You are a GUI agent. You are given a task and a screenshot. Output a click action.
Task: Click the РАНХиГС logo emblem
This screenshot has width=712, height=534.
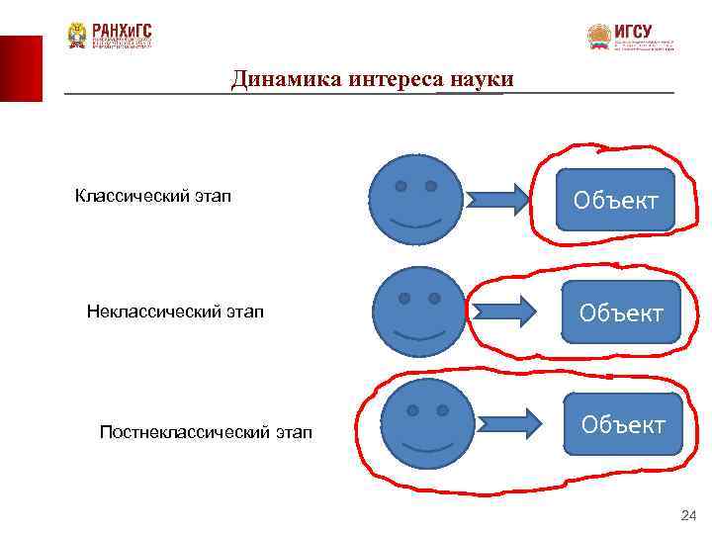[76, 37]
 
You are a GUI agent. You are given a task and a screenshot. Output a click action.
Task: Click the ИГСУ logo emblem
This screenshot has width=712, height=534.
[599, 38]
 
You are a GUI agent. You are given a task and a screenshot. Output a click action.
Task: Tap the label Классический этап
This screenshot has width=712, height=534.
[153, 196]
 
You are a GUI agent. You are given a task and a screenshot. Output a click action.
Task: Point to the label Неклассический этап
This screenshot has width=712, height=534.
[175, 312]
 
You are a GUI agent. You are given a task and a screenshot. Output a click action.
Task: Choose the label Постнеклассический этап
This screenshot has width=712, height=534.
[206, 431]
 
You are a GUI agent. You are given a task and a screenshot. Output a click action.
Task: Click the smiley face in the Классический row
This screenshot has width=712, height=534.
[415, 200]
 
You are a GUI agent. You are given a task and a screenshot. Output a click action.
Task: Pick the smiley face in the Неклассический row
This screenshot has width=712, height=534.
[419, 312]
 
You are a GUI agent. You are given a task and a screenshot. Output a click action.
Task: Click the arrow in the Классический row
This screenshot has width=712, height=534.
[501, 200]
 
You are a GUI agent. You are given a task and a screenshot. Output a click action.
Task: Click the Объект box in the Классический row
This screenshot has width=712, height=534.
[615, 200]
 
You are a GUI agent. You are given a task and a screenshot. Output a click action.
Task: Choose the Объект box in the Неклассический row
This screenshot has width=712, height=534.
[620, 312]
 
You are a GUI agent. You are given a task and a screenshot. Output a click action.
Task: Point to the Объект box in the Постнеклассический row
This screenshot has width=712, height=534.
[623, 425]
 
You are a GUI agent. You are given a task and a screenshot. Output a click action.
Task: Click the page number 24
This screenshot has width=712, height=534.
[688, 515]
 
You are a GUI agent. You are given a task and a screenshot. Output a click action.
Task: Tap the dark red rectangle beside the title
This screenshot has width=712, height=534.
[21, 68]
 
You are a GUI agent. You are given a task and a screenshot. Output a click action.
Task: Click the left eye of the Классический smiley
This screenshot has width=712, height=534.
[400, 186]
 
